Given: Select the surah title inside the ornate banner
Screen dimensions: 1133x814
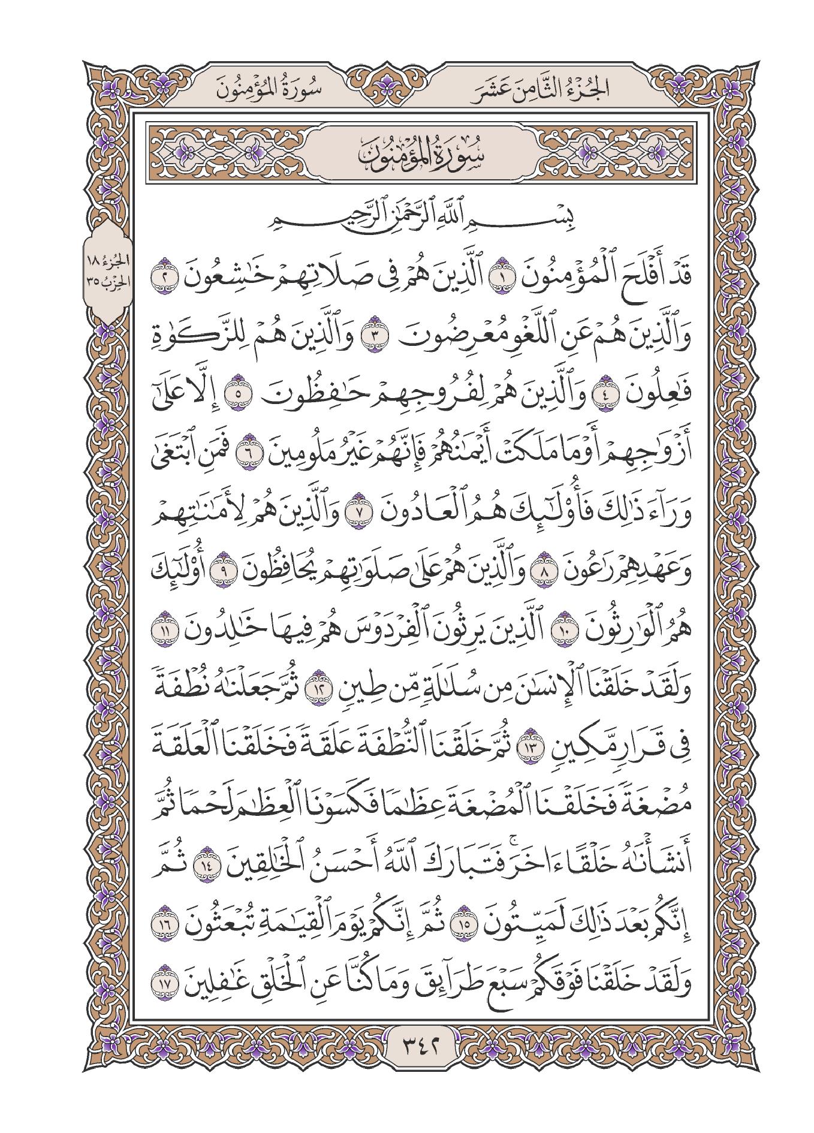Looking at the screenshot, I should click(x=407, y=155).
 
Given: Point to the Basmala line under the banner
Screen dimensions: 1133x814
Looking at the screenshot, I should click(x=407, y=220).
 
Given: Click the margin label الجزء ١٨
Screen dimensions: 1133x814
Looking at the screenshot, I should click(x=105, y=262).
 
